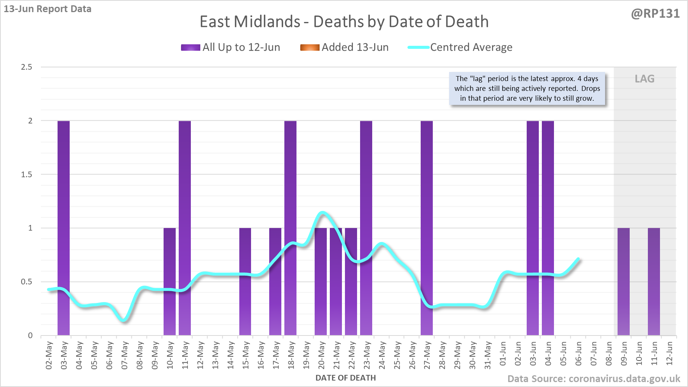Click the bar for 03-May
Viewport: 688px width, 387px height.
(64, 227)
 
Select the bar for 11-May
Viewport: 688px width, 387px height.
(185, 227)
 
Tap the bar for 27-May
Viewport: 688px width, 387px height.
(427, 227)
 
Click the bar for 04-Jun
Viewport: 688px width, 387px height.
(548, 227)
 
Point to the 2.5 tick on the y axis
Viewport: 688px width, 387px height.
(27, 67)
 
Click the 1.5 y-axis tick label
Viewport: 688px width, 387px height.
(27, 175)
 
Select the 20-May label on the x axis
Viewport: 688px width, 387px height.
(321, 355)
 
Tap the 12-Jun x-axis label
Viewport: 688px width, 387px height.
(669, 353)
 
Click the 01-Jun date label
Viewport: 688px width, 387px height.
(503, 353)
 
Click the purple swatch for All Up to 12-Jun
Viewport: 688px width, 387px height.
(190, 47)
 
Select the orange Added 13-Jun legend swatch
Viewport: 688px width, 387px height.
(310, 47)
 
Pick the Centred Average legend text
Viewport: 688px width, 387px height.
(471, 47)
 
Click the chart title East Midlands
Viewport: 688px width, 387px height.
(344, 22)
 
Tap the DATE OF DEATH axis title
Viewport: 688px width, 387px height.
(345, 378)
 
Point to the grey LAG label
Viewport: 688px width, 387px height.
(644, 79)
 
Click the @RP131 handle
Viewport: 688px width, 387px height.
(655, 14)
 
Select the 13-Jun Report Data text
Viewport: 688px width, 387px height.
(48, 9)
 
